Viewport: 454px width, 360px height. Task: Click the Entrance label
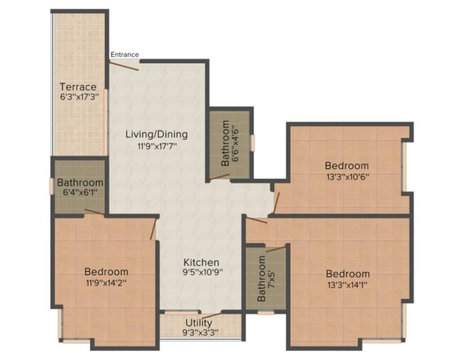point(124,55)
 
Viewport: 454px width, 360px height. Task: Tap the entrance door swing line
point(124,66)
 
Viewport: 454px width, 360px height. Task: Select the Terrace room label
point(78,87)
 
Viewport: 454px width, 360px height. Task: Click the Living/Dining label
point(157,135)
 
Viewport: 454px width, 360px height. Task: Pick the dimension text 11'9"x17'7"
point(157,146)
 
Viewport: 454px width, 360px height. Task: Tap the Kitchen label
point(201,262)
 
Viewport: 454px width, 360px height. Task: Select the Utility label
point(199,323)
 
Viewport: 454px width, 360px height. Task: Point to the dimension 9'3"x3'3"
point(200,332)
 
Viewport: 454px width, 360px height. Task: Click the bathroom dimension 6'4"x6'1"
point(80,192)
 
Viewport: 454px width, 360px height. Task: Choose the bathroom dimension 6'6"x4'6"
point(234,143)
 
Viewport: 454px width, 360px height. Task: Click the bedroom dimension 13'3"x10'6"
point(348,177)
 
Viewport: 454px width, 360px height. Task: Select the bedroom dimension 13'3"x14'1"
point(347,285)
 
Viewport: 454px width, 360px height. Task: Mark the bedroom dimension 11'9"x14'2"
point(106,283)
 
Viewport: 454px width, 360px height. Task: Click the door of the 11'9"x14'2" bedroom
point(153,229)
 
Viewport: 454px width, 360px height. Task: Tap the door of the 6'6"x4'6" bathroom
point(220,177)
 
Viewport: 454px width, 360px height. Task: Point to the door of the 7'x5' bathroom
point(276,249)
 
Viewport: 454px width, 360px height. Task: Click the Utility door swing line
point(211,315)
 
